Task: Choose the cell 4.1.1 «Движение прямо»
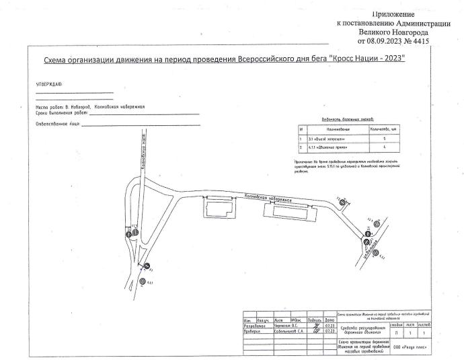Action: [x=330, y=146]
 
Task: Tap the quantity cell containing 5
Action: [x=383, y=137]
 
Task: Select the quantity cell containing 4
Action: [x=383, y=146]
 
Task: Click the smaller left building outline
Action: [x=219, y=208]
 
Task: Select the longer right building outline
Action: [x=291, y=213]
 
